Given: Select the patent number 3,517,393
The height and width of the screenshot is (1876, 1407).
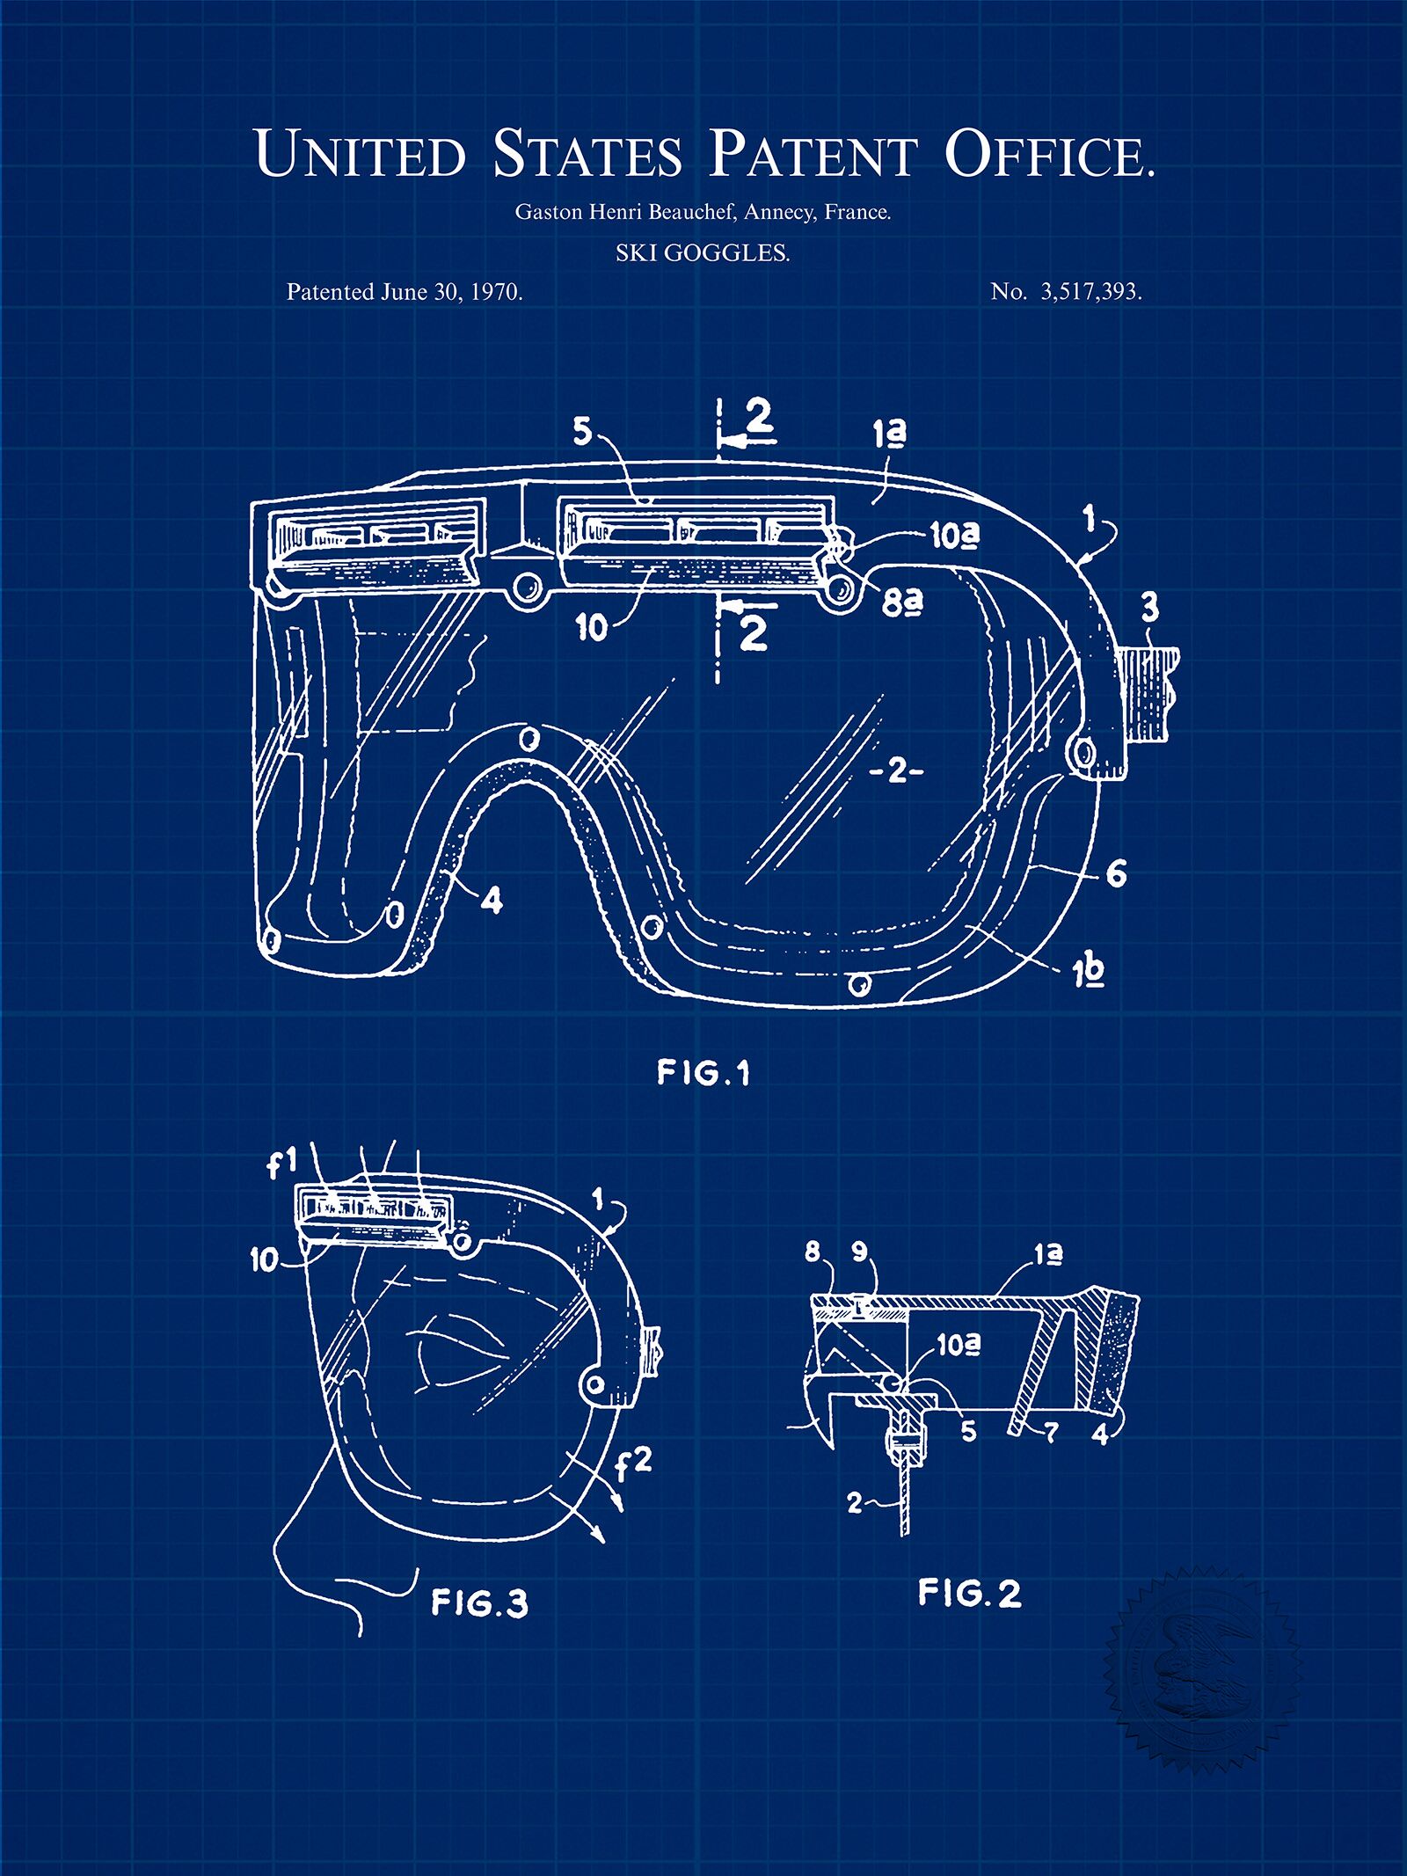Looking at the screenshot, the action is [1091, 292].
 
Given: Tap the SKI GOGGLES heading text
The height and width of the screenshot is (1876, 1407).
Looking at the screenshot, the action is [703, 253].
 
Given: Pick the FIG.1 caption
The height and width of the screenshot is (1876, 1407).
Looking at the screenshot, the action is [703, 1072].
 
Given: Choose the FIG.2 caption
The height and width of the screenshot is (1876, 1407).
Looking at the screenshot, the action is [970, 1593].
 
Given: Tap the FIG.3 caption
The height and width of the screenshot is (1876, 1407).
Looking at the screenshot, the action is [479, 1602].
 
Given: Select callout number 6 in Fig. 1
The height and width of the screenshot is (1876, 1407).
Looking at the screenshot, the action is [1116, 873].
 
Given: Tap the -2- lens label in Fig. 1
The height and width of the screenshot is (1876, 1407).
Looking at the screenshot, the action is [897, 771].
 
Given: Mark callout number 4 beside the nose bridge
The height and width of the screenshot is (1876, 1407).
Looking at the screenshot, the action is [492, 901].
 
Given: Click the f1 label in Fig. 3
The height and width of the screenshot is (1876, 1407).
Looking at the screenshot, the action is [282, 1164].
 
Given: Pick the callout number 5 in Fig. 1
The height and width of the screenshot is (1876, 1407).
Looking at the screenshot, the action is [582, 431].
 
